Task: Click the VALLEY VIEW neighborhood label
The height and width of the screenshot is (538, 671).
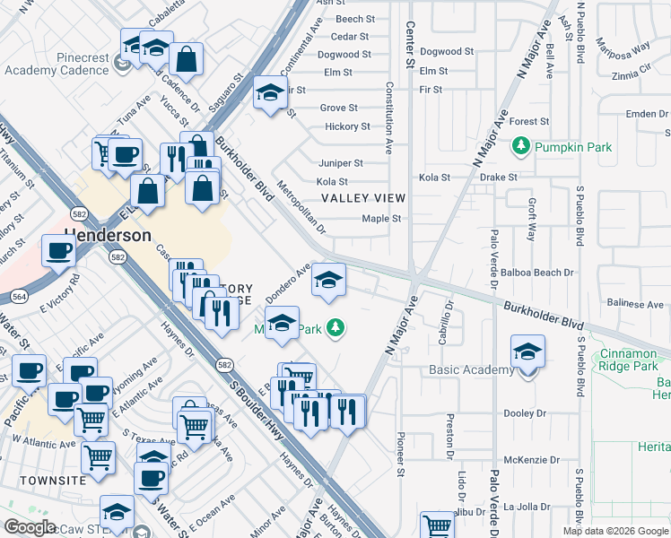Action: point(363,198)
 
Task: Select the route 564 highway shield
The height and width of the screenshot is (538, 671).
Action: point(18,297)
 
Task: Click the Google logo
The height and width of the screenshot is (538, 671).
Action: point(30,527)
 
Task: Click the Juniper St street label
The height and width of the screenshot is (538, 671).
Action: point(340,163)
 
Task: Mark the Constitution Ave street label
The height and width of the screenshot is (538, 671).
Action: point(389,117)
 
